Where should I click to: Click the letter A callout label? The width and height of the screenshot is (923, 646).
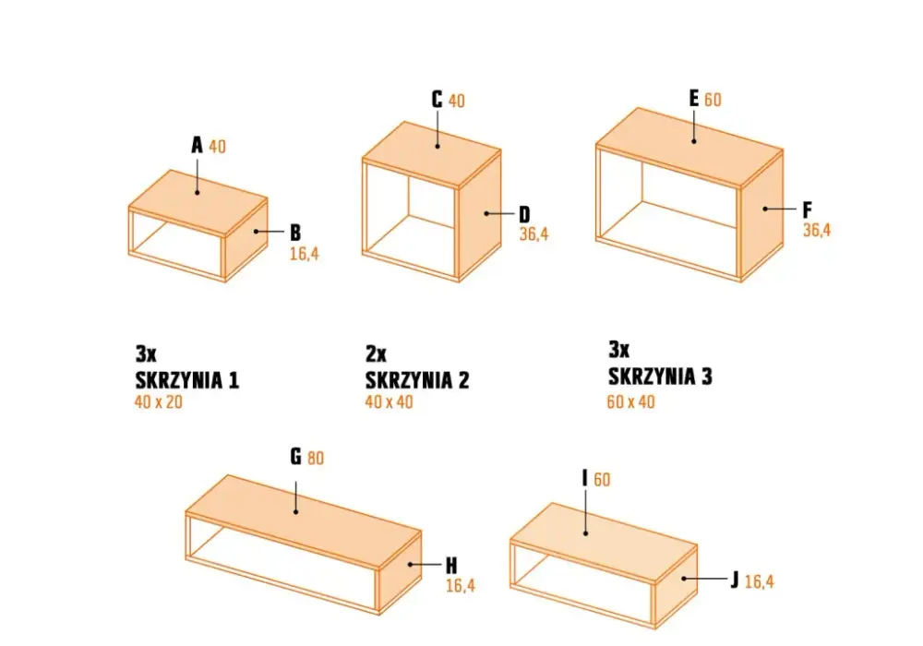pyautogui.click(x=197, y=145)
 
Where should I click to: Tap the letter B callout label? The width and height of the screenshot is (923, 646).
pyautogui.click(x=295, y=233)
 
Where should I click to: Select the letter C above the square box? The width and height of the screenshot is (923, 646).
pyautogui.click(x=437, y=100)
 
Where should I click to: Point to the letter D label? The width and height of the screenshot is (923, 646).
pyautogui.click(x=524, y=215)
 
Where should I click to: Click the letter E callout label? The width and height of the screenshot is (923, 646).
pyautogui.click(x=694, y=98)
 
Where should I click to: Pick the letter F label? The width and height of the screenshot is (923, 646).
pyautogui.click(x=807, y=210)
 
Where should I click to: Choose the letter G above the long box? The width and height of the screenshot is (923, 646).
pyautogui.click(x=295, y=456)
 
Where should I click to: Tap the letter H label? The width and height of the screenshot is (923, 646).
pyautogui.click(x=451, y=566)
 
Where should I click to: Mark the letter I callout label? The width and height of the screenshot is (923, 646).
pyautogui.click(x=584, y=478)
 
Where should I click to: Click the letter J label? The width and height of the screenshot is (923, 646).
pyautogui.click(x=734, y=580)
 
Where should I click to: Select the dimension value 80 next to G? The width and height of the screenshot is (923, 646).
pyautogui.click(x=316, y=458)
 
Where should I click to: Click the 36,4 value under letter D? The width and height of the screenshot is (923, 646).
pyautogui.click(x=533, y=234)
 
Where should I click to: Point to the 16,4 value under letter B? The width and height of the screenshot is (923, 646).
pyautogui.click(x=305, y=254)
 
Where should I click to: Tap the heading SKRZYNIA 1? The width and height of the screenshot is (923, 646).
pyautogui.click(x=187, y=380)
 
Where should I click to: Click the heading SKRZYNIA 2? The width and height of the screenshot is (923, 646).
pyautogui.click(x=417, y=380)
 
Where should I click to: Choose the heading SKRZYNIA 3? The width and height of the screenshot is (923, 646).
pyautogui.click(x=660, y=376)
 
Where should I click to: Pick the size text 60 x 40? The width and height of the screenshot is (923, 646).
pyautogui.click(x=630, y=401)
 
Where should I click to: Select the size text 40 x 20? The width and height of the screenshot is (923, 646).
pyautogui.click(x=159, y=401)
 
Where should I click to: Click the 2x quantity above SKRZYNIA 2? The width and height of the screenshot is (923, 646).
pyautogui.click(x=377, y=353)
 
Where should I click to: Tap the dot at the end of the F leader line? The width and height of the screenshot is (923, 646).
pyautogui.click(x=765, y=209)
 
